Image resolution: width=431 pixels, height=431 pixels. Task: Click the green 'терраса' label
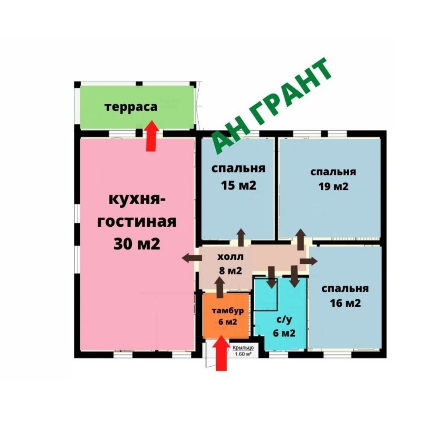point(131,107)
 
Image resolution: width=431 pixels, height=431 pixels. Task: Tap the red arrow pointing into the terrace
point(151,136)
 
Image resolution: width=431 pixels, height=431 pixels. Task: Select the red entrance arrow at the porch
point(221,354)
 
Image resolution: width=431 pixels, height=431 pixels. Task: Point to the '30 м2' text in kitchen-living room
point(136,243)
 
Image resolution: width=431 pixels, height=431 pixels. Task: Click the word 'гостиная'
point(136,222)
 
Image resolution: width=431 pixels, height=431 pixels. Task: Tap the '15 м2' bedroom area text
point(239,185)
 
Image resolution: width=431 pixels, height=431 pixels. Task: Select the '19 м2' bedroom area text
point(333,187)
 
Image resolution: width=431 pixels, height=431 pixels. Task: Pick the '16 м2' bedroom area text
point(345,303)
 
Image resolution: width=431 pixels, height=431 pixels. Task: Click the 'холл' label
point(230,257)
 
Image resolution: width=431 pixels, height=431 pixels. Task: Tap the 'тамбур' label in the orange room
point(227,311)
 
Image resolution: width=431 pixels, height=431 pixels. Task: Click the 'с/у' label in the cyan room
point(284,320)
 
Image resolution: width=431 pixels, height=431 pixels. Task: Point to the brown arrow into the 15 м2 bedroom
point(241,237)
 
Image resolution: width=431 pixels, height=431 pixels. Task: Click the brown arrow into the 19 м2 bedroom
point(301,239)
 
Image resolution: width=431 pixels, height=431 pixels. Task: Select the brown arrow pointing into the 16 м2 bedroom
point(308,261)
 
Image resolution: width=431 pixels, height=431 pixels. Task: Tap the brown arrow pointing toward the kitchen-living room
point(192,258)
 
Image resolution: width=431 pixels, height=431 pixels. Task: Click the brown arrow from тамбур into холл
point(219,287)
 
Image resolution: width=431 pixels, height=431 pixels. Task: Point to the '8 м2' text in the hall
point(230,271)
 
